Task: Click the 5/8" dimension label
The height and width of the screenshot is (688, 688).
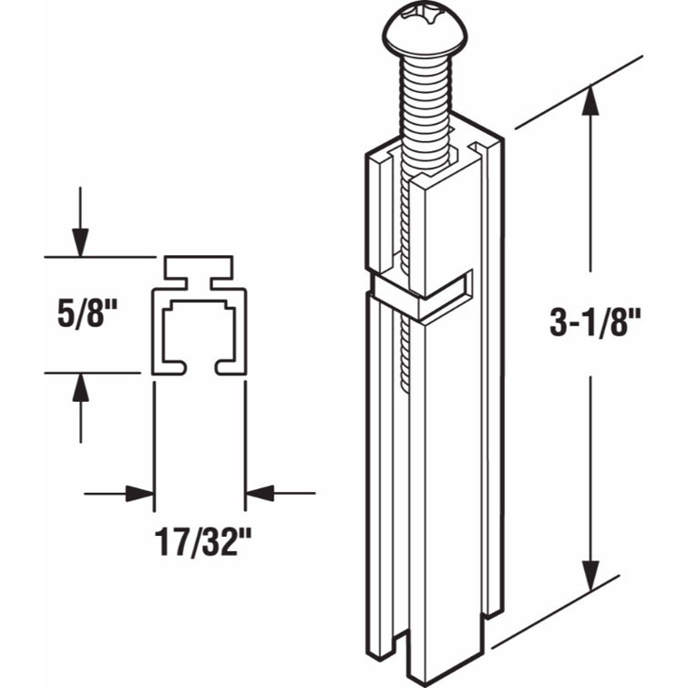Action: tap(87, 314)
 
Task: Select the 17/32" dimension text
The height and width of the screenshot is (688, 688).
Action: tap(203, 542)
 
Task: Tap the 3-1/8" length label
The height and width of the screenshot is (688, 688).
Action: tap(595, 322)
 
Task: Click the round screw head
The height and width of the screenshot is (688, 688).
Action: tap(425, 31)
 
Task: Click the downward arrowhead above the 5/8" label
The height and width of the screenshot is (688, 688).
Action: tap(80, 242)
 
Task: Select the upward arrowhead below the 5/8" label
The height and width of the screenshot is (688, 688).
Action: tap(80, 387)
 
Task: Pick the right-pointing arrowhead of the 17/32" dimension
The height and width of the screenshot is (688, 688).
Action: tap(140, 494)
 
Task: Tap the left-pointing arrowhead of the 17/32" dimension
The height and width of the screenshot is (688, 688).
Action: tap(260, 494)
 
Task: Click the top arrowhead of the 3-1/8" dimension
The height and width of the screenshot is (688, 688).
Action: tap(590, 100)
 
